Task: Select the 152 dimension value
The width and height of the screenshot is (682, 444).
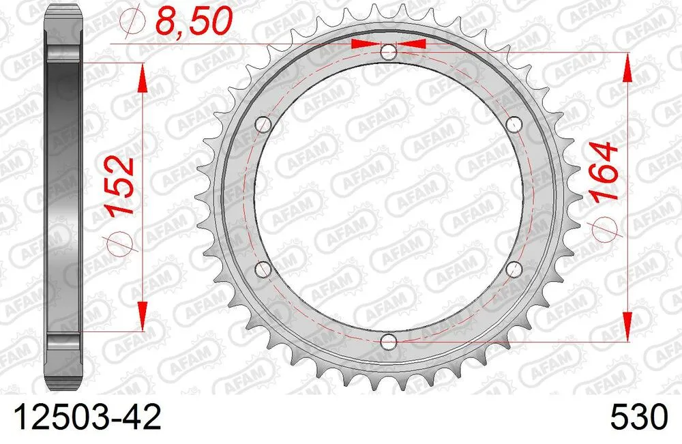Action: (x=122, y=186)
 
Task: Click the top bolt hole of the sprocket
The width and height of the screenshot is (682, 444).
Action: (x=388, y=52)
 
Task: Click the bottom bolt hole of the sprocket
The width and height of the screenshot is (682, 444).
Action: (x=388, y=340)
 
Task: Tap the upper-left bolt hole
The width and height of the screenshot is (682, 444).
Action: (x=263, y=124)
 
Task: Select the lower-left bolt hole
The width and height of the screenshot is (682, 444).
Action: (x=263, y=268)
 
